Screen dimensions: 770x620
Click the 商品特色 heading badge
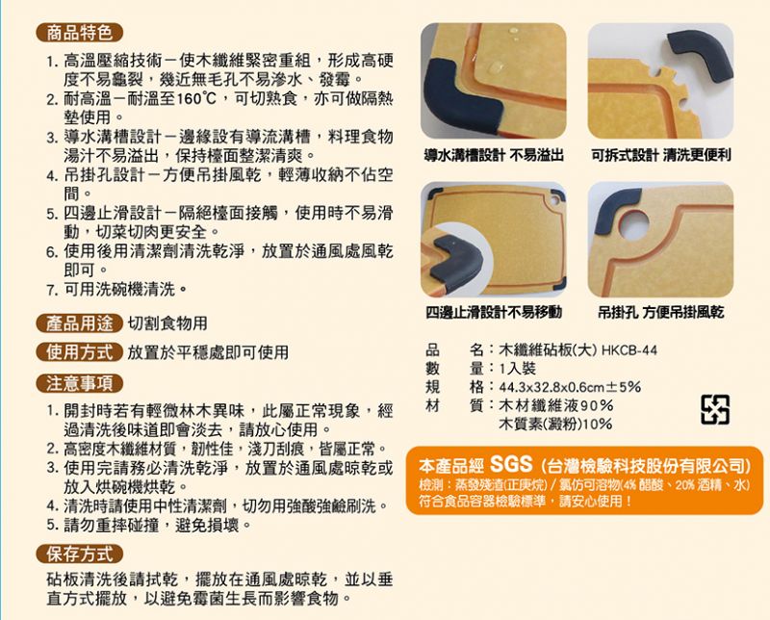tap(79, 33)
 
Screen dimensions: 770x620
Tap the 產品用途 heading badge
tap(79, 323)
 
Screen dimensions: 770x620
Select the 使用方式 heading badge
tap(79, 351)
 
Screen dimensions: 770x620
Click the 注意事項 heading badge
tap(79, 383)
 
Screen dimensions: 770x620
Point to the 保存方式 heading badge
tap(79, 555)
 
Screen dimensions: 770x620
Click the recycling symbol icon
tap(714, 409)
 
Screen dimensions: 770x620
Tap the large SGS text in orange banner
tap(511, 463)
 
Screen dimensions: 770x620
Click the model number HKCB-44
tap(629, 350)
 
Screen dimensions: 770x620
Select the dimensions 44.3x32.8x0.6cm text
tap(552, 387)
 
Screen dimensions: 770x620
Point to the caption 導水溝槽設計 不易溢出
tap(494, 156)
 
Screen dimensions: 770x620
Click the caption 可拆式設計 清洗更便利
tap(661, 156)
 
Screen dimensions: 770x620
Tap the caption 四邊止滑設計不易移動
tap(494, 312)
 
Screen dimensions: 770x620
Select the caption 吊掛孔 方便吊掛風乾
tap(661, 312)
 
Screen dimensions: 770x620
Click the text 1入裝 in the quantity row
tap(518, 369)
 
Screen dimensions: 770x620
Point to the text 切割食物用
tap(167, 323)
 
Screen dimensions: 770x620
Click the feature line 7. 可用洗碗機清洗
tap(116, 290)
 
